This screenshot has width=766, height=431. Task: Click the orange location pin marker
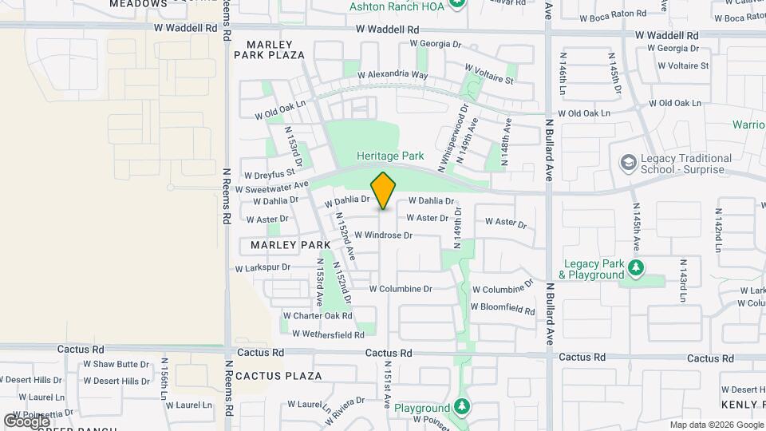click(x=384, y=190)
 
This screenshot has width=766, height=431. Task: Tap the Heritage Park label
click(x=390, y=156)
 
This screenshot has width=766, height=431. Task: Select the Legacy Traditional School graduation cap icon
click(x=629, y=163)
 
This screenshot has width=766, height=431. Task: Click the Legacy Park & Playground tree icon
click(x=635, y=267)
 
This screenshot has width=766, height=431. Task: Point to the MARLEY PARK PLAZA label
click(x=270, y=49)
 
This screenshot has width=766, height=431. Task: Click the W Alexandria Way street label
click(x=393, y=74)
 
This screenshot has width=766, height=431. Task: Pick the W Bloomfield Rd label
click(x=503, y=306)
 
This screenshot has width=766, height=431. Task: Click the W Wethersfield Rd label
click(x=328, y=334)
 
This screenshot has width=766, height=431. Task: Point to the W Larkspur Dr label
click(x=263, y=268)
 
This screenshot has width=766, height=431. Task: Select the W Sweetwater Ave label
click(x=272, y=188)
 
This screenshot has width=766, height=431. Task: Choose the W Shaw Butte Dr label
click(x=116, y=364)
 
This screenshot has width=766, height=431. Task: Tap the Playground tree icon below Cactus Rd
click(x=461, y=407)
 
